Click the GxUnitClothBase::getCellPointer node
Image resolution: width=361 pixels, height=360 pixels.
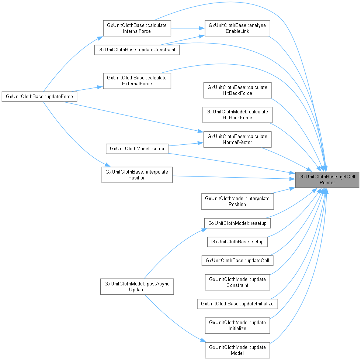327,179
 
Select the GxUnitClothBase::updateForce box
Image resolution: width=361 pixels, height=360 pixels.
39,97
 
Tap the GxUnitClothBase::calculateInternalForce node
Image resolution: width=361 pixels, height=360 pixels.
137,28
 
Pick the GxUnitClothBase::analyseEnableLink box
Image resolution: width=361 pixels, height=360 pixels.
237,28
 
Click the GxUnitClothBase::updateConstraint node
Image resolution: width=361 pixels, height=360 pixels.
137,49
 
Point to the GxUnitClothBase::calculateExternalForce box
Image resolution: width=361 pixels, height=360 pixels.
137,81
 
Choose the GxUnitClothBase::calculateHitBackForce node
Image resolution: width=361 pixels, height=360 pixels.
237,90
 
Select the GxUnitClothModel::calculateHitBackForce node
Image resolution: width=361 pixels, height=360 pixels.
237,115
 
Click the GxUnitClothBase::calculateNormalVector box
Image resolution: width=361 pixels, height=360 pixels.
237,139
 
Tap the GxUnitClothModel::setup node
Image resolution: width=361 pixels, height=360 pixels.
137,149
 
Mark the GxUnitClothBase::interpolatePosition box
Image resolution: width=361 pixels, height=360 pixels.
137,175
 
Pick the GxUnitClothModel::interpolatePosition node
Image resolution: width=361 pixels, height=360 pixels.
237,201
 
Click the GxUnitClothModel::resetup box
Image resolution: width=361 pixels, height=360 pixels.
237,223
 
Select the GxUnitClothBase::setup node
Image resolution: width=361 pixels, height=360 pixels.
237,242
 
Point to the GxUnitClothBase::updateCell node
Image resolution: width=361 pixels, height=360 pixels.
237,260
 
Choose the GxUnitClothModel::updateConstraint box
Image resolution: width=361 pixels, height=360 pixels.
237,282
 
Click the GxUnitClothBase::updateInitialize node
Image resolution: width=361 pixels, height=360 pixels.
237,304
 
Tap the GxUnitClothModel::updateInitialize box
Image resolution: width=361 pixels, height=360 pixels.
237,325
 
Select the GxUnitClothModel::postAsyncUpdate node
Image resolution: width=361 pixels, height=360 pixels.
137,287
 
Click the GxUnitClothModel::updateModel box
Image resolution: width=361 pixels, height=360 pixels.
237,350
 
